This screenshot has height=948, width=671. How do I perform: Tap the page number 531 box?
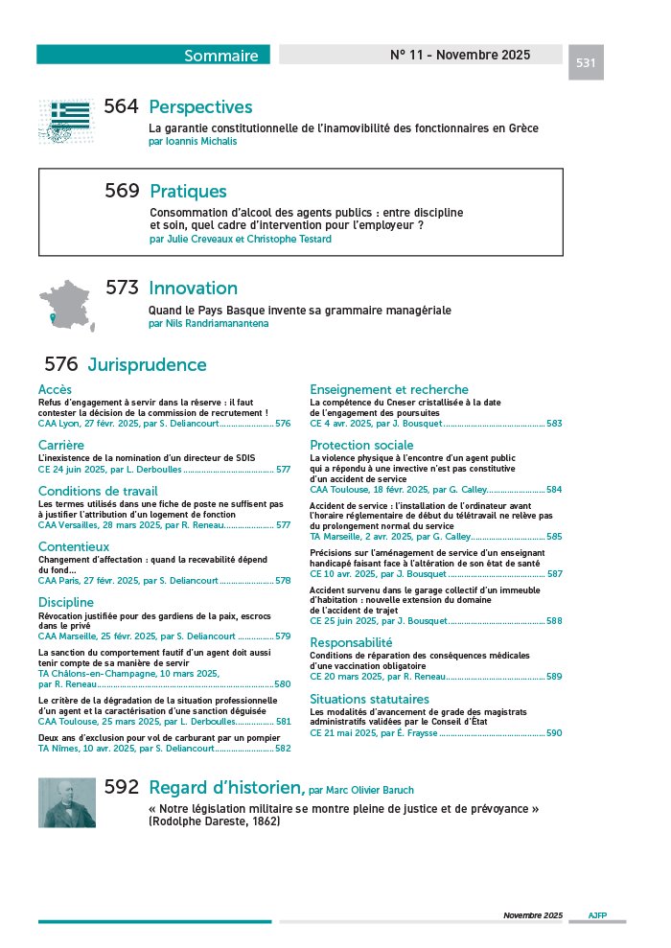586,63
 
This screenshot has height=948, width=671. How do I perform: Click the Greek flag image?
70,121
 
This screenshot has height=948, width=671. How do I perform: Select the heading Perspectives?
200,107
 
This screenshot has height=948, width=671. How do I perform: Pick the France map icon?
70,302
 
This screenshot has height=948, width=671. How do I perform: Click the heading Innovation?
193,288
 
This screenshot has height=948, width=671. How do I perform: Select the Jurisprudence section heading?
147,365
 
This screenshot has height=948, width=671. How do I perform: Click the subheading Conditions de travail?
98,492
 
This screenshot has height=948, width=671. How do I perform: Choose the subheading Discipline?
66,602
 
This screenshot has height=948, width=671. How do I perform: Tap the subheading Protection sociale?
361,445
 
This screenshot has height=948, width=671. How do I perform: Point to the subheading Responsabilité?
351,642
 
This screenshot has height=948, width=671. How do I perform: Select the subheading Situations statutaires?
369,699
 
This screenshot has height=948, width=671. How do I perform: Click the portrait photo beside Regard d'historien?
67,801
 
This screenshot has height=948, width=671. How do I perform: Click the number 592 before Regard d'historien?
122,787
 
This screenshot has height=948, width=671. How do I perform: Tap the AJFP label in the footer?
597,915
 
